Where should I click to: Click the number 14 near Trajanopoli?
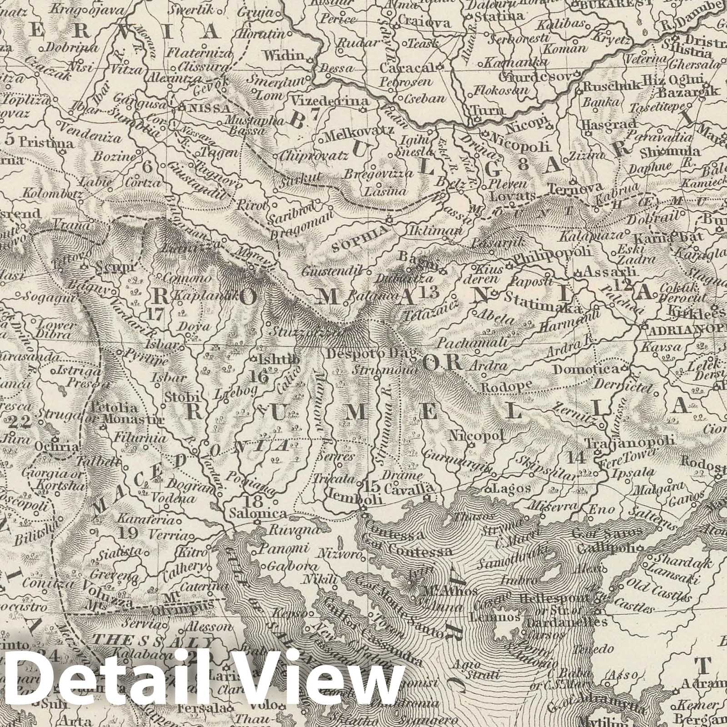coord(577,457)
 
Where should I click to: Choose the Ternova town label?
coord(575,188)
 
